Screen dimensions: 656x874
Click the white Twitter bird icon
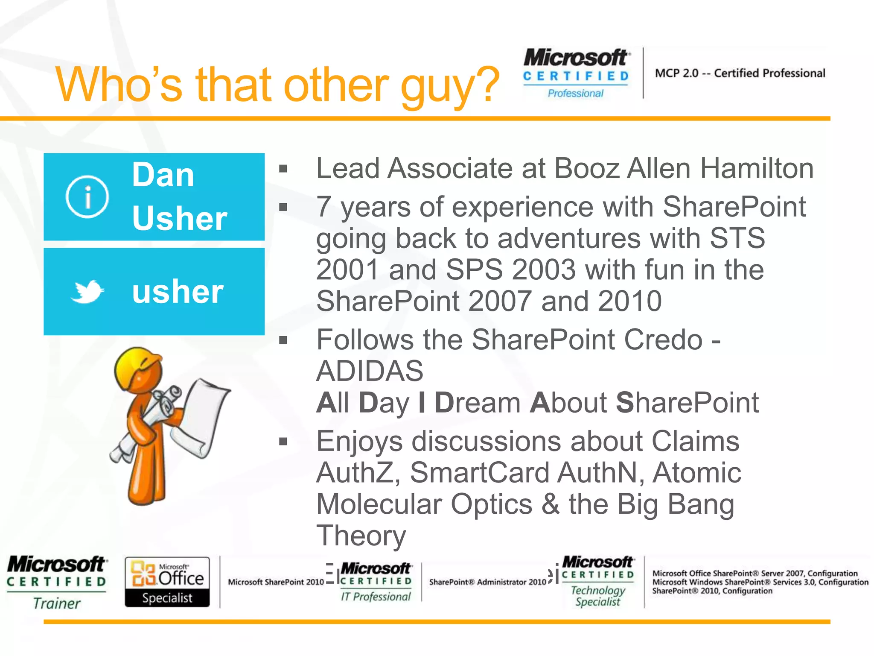click(87, 292)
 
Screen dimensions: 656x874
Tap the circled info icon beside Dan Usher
click(87, 197)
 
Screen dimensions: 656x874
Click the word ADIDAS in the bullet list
click(370, 371)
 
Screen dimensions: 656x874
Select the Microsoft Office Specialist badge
click(167, 582)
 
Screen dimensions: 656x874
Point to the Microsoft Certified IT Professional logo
click(376, 582)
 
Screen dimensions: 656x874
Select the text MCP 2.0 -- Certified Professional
click(740, 73)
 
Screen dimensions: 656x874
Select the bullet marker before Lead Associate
click(283, 169)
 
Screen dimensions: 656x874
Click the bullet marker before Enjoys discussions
click(283, 442)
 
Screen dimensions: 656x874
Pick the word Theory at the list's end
click(361, 536)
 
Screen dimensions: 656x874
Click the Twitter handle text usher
click(178, 292)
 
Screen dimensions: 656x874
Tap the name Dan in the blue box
click(163, 175)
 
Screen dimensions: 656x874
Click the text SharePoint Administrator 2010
click(487, 582)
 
